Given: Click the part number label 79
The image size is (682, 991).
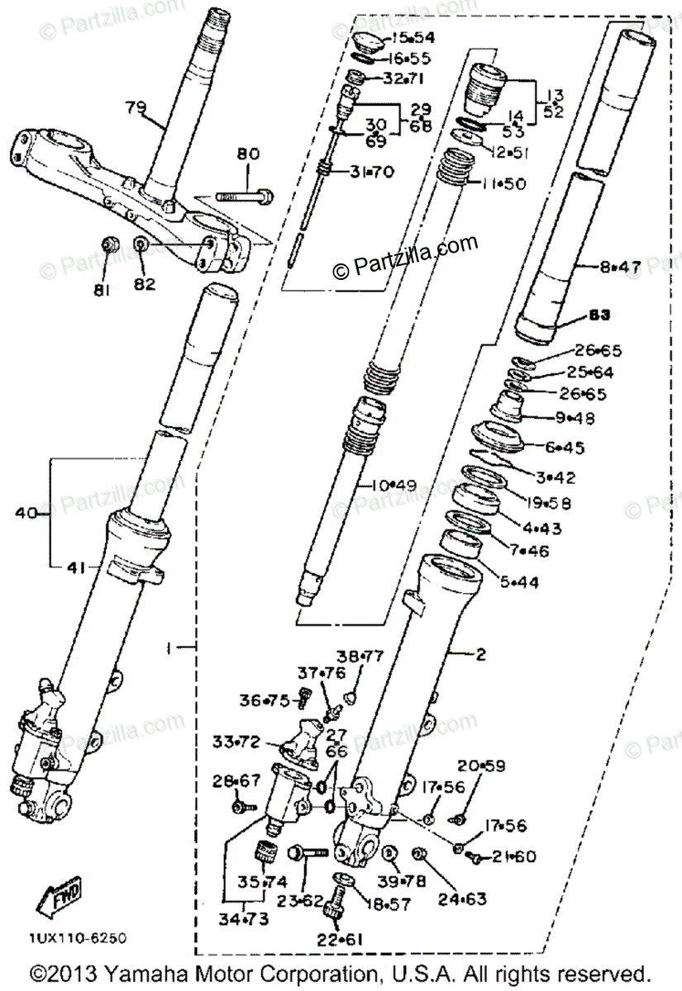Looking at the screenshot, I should (x=136, y=107).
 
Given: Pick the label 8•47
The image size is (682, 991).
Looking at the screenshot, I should (x=620, y=267).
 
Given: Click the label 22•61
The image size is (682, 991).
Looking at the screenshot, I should (x=340, y=938).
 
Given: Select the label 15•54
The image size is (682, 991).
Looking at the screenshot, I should (x=413, y=38).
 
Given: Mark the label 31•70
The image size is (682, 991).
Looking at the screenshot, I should (x=372, y=173).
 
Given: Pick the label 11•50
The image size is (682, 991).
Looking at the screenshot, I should (x=505, y=183).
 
